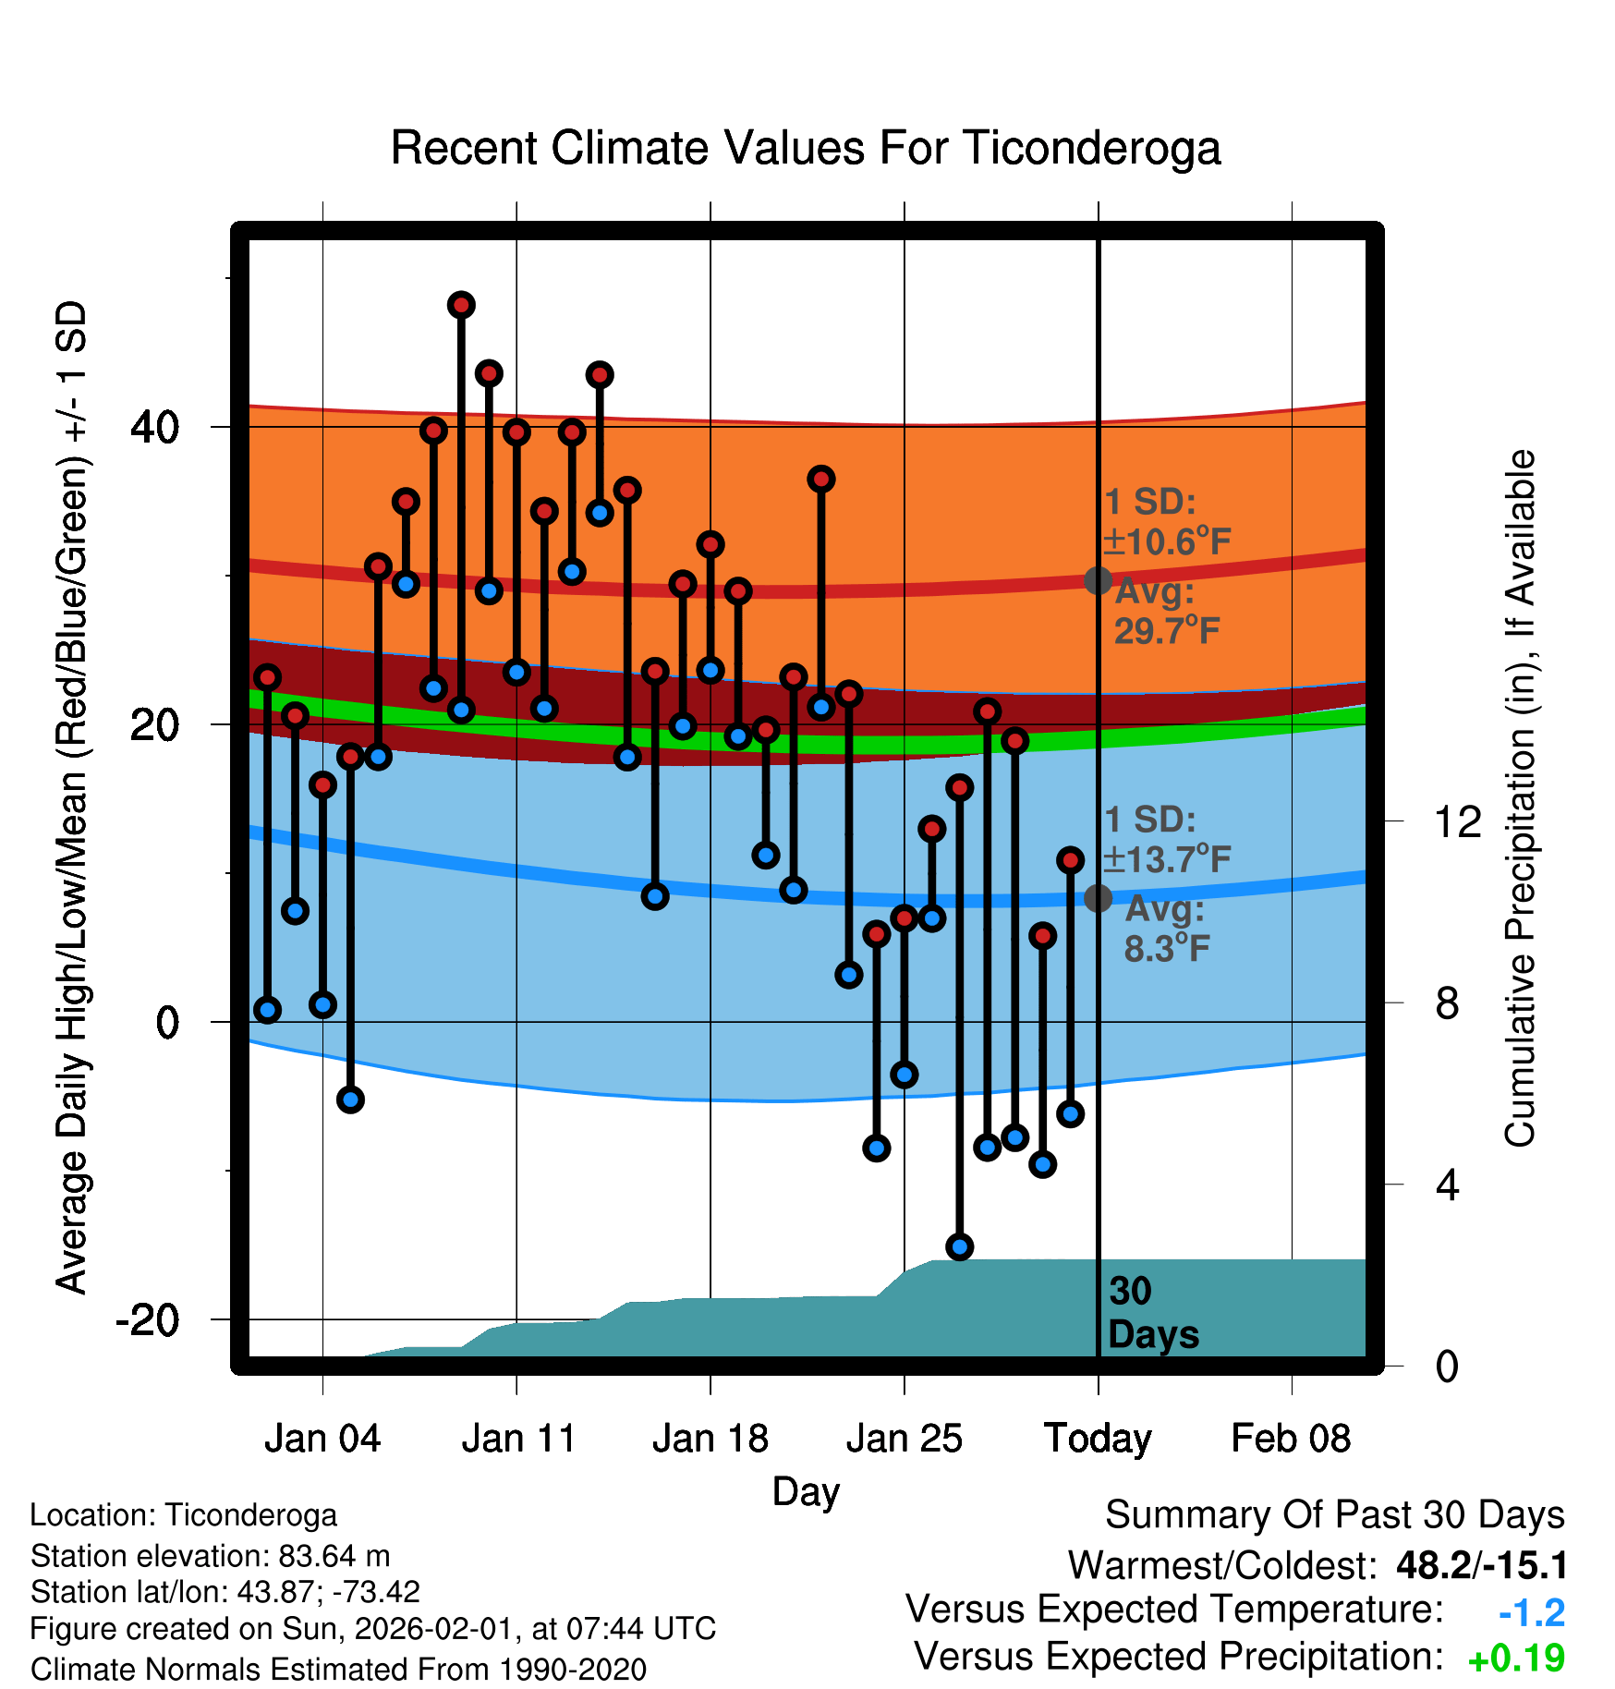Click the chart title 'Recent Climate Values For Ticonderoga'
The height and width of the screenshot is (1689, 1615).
pos(806,148)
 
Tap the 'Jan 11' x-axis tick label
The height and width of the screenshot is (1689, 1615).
pos(518,1439)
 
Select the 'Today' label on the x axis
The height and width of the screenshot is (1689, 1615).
pos(1098,1439)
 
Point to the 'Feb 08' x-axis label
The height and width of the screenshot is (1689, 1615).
pos(1291,1439)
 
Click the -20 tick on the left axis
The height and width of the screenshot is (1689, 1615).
pos(148,1320)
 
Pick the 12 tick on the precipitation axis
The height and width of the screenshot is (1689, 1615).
pos(1457,821)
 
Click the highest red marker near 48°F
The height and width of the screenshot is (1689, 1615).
pos(461,305)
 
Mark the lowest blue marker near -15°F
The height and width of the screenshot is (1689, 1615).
pos(959,1246)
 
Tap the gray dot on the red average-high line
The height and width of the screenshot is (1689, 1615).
pos(1098,580)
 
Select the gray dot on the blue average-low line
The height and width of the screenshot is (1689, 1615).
pos(1098,897)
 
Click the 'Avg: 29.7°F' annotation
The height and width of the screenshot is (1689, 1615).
pos(1166,612)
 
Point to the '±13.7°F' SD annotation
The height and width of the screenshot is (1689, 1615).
pos(1167,859)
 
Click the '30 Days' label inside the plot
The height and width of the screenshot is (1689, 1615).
pos(1152,1313)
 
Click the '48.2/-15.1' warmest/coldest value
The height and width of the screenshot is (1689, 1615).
pos(1482,1565)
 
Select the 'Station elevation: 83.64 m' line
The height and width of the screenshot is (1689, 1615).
pos(210,1556)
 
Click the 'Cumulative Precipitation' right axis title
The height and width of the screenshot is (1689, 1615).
pos(1519,798)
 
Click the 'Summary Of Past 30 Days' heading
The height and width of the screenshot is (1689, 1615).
pos(1334,1515)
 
